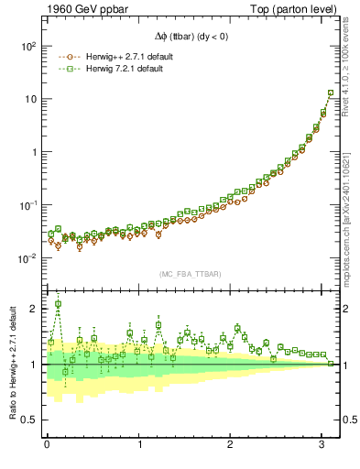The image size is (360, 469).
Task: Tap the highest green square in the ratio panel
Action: tap(59, 304)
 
